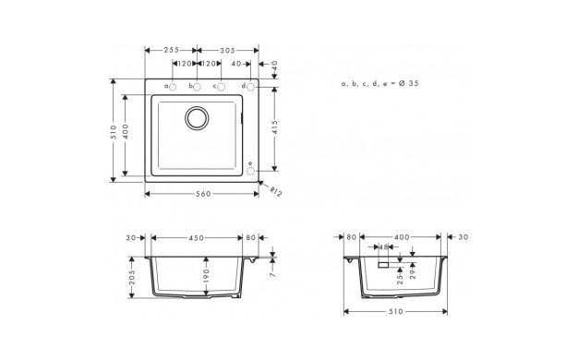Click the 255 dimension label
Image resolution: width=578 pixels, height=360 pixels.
[x=172, y=50]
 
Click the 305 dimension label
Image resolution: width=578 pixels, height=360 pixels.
[x=227, y=51]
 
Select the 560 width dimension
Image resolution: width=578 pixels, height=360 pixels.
[x=203, y=194]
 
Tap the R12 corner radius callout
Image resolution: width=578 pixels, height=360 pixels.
[x=275, y=191]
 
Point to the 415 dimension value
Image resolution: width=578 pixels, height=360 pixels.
[x=274, y=128]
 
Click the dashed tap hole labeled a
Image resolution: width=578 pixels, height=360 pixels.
[x=173, y=87]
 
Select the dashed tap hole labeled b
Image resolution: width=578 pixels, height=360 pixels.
[x=198, y=87]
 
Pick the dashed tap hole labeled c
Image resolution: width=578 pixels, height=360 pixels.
[x=222, y=87]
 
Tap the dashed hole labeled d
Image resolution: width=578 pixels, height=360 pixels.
[x=250, y=87]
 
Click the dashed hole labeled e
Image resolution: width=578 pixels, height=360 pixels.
[x=250, y=171]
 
